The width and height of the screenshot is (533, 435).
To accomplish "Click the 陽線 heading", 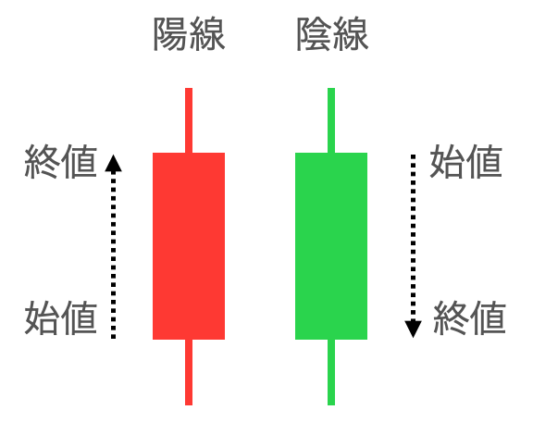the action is (x=189, y=34).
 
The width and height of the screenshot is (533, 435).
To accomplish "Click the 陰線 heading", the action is (x=332, y=34).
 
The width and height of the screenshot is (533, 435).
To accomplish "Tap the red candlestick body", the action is (x=189, y=246).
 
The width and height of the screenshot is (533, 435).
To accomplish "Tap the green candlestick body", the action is (x=331, y=246).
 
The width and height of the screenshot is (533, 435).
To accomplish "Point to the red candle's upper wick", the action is (x=189, y=120).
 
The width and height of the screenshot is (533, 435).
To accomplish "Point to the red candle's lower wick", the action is (x=189, y=372).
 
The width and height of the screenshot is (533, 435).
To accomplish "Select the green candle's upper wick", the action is (x=331, y=120).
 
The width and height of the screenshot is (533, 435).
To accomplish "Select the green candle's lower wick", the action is (x=331, y=372).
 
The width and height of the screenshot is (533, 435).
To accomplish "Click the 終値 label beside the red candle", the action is (x=61, y=162).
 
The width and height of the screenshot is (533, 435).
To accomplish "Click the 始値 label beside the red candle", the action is (x=61, y=317).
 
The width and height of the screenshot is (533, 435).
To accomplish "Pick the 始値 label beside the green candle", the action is (x=466, y=161).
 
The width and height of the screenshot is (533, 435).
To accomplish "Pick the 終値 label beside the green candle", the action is (x=470, y=317).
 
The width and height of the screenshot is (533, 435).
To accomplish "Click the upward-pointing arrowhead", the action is (x=113, y=163).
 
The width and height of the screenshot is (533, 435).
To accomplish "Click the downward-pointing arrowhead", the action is (x=413, y=329).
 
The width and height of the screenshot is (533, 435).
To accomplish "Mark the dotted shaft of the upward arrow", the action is (x=113, y=255).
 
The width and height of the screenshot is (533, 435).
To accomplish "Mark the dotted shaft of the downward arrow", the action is (x=413, y=238).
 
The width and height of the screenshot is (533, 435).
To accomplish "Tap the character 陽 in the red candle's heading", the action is (x=171, y=34).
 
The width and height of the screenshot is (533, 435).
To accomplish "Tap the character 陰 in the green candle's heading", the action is (x=314, y=34).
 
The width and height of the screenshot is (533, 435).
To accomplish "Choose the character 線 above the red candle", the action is (x=207, y=34).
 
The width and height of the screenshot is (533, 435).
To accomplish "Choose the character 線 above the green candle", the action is (x=351, y=34).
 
